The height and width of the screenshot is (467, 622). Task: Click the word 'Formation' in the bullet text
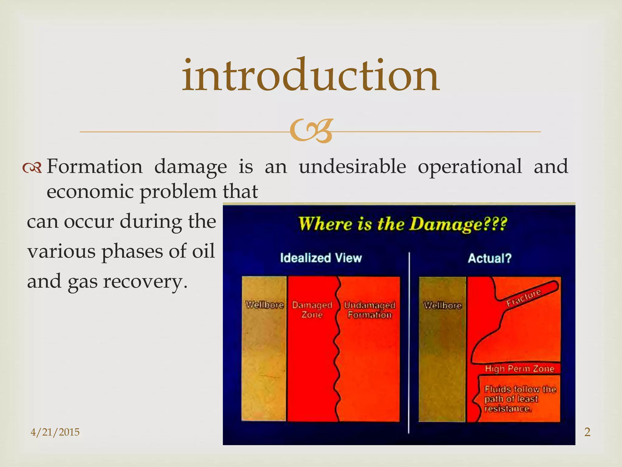point(94,167)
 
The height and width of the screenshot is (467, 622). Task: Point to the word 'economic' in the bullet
point(90,192)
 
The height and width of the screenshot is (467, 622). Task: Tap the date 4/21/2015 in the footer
point(55,432)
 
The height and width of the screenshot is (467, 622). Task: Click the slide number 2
point(587,432)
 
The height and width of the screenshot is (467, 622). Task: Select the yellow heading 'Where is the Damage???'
point(402,224)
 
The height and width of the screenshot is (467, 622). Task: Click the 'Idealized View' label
point(321,258)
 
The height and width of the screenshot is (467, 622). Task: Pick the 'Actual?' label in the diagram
point(490,258)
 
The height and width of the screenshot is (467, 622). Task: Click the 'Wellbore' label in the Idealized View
point(264,305)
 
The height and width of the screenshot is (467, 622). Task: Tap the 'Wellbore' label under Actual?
point(442,305)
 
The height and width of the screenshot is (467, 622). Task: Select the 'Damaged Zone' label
point(312,310)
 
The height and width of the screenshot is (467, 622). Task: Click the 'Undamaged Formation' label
point(370,310)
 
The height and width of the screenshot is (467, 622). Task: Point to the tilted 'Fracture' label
point(524,298)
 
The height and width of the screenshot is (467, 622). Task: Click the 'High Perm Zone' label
point(519,369)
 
